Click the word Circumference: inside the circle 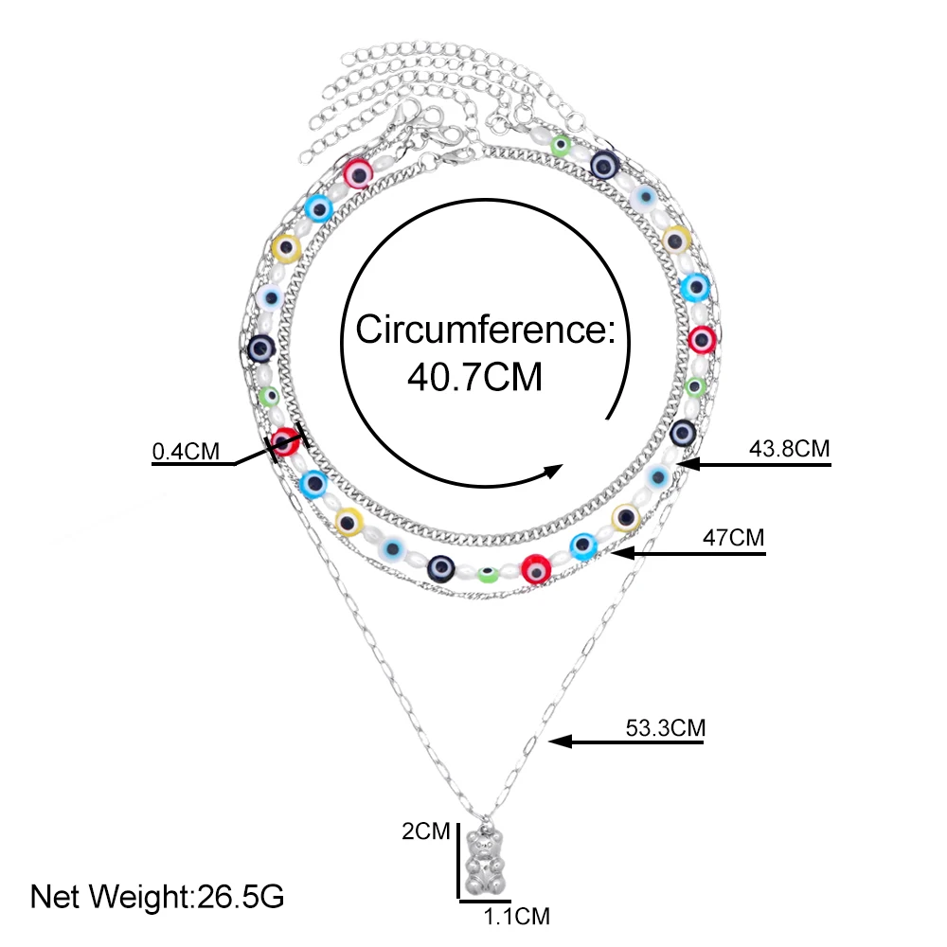coord(486,331)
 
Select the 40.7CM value coord(474,377)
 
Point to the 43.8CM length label coord(789,449)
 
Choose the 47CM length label coord(732,537)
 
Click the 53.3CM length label coord(666,728)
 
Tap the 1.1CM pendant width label coord(516,916)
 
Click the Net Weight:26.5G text coord(157,895)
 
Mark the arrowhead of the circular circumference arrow coord(553,471)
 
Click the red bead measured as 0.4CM coord(286,442)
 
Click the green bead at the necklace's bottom coord(488,574)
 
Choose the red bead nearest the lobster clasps coord(357,171)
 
